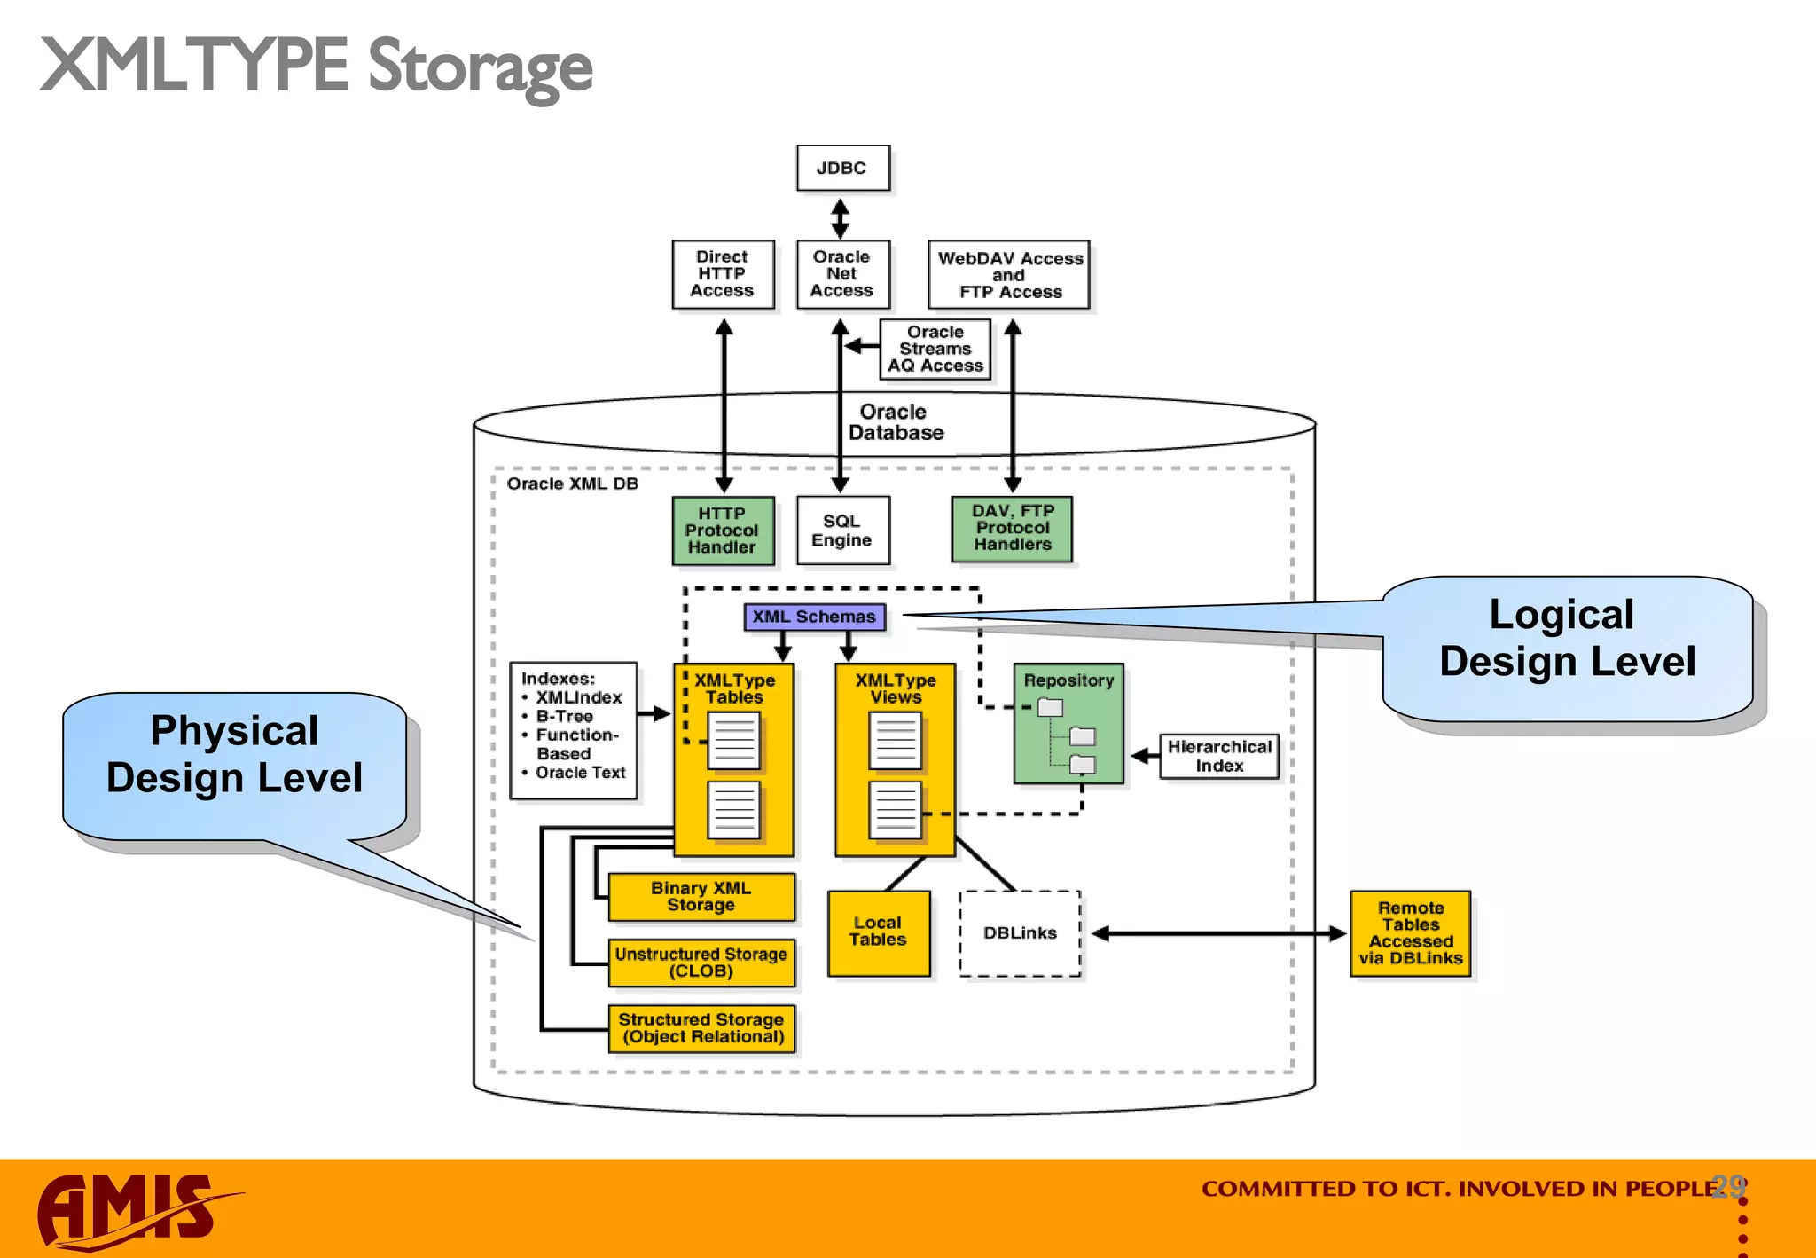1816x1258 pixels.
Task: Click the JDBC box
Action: (x=841, y=168)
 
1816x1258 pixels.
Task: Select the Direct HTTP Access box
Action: (x=722, y=274)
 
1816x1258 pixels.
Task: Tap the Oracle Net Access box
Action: (x=841, y=274)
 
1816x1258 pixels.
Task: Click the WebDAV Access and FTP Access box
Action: (x=1009, y=275)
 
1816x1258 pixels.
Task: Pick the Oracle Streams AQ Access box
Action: (x=935, y=349)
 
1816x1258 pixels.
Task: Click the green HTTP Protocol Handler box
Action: (x=722, y=531)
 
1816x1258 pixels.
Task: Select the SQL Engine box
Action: (x=841, y=531)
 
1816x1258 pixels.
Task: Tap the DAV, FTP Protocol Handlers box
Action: (x=1012, y=529)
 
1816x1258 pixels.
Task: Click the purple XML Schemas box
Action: (x=814, y=617)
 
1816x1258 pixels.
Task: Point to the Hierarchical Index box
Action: (x=1219, y=757)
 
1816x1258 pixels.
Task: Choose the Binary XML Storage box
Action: (x=701, y=897)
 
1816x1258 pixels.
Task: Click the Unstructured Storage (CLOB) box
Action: (x=701, y=963)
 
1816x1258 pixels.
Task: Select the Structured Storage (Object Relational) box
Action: (x=701, y=1028)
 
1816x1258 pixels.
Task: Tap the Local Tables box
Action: (x=878, y=932)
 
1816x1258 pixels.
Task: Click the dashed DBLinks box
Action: (x=1020, y=933)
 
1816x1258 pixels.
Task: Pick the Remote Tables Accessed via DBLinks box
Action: (x=1410, y=933)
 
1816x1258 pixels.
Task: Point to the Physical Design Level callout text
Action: (x=234, y=755)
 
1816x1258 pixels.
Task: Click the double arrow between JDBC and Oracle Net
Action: (x=841, y=216)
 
